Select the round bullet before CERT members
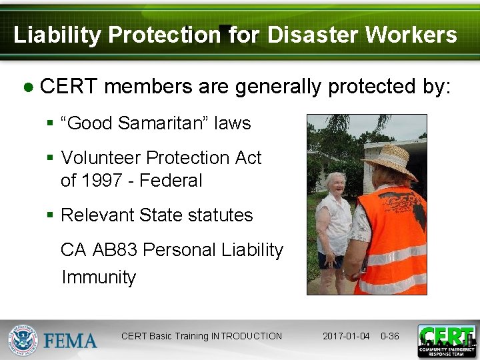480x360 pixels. [29, 87]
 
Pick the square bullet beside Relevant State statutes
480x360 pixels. [50, 215]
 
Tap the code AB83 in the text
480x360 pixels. [115, 250]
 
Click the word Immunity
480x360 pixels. [99, 277]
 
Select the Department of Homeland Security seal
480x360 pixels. [24, 340]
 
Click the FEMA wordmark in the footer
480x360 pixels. [71, 341]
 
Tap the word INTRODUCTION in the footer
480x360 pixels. [247, 336]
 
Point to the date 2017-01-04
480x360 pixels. [346, 336]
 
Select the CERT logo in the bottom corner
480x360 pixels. [447, 341]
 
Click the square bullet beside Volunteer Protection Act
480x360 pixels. [50, 158]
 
